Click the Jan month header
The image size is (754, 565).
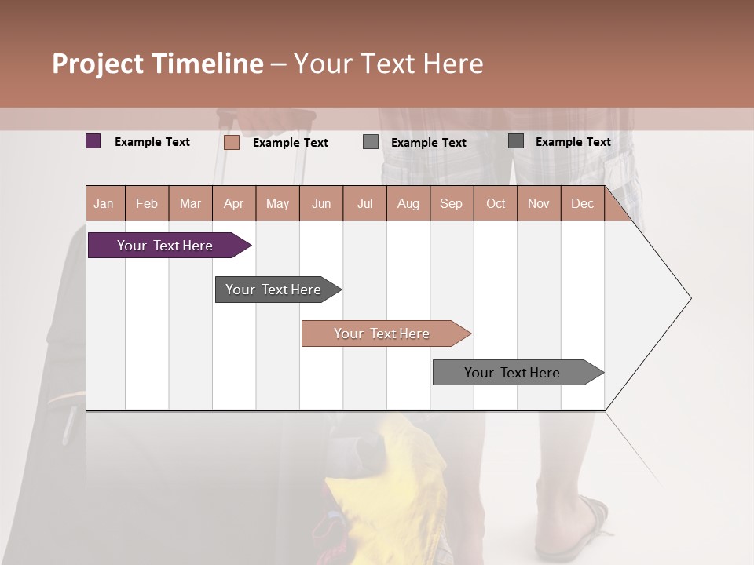(x=104, y=204)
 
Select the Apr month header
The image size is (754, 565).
(x=233, y=204)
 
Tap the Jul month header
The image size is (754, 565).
(x=364, y=204)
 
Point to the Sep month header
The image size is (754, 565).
(x=451, y=204)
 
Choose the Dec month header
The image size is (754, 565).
(x=582, y=204)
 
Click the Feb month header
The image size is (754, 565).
(x=147, y=204)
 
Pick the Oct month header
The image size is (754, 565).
(x=496, y=204)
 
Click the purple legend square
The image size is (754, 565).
(x=93, y=141)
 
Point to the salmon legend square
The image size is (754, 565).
(x=231, y=142)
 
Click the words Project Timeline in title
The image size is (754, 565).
(x=157, y=64)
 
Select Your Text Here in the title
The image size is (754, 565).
(x=388, y=64)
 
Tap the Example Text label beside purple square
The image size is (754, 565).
(x=152, y=142)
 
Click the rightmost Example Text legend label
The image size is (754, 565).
(x=573, y=142)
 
